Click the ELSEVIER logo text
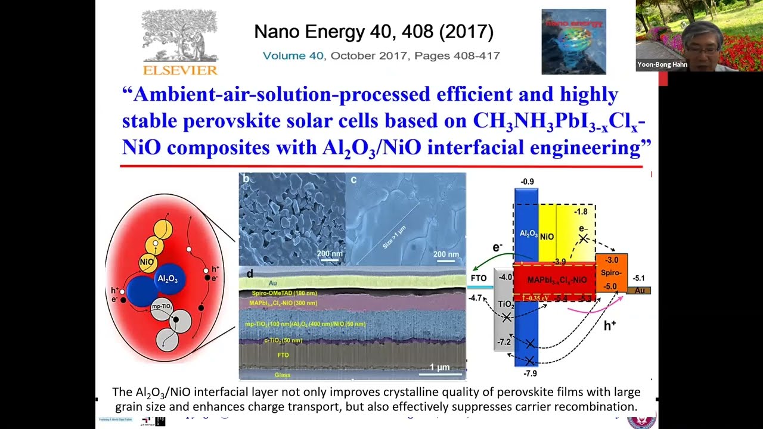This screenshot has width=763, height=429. [x=180, y=70]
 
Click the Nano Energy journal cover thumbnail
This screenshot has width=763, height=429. [x=573, y=42]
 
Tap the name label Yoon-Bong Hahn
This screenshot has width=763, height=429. [x=662, y=64]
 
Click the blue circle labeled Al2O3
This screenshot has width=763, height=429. [x=168, y=278]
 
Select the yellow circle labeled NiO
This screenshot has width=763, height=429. [x=147, y=262]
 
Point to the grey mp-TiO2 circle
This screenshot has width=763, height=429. [x=162, y=306]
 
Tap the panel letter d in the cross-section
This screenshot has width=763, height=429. [x=249, y=274]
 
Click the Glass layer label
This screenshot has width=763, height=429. [x=282, y=375]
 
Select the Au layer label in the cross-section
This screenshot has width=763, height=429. [x=272, y=283]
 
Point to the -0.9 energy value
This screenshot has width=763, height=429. [x=526, y=181]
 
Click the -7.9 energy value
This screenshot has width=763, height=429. [x=530, y=374]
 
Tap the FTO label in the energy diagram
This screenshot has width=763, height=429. [x=478, y=278]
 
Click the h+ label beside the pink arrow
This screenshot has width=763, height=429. [x=609, y=326]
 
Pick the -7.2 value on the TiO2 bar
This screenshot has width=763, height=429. [x=504, y=342]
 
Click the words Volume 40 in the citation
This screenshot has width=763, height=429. [x=293, y=55]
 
